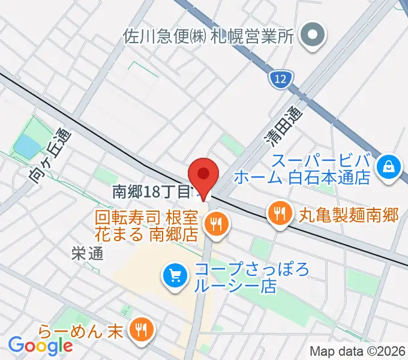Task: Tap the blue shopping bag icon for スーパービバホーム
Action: (x=389, y=165)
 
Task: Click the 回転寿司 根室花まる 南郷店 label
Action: (x=148, y=225)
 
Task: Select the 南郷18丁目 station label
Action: (x=152, y=192)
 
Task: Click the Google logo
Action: (x=40, y=345)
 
